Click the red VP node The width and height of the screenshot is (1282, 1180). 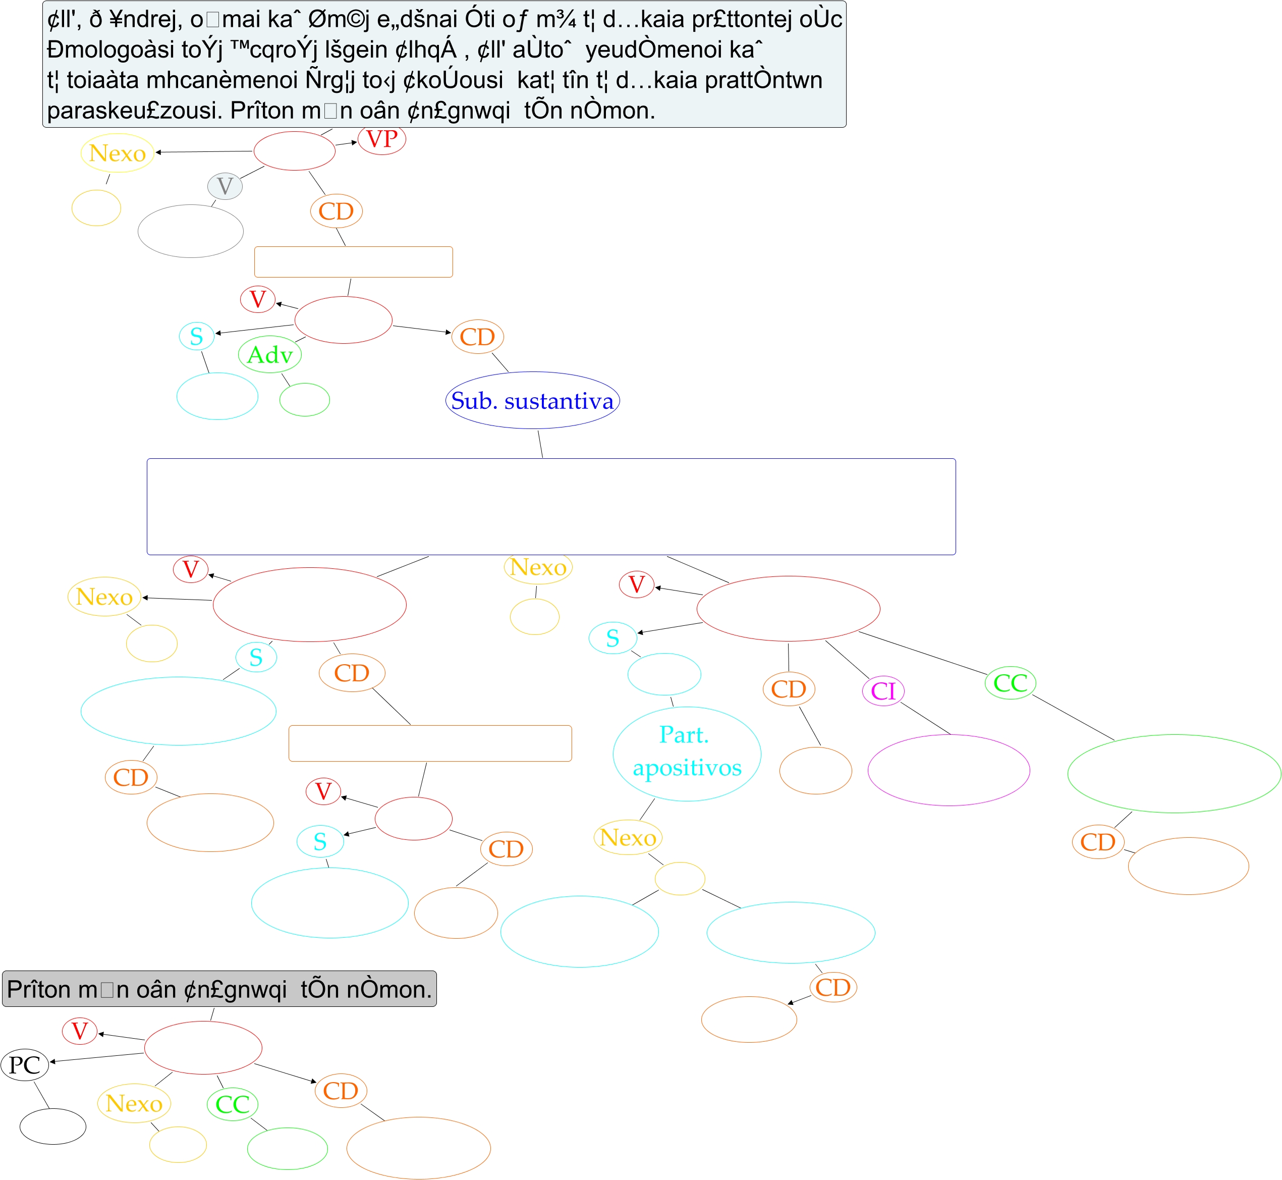382,139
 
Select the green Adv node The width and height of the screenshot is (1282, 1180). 269,354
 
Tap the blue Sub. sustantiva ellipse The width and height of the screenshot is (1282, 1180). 532,400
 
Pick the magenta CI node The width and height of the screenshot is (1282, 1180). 883,691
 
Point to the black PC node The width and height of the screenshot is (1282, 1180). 25,1065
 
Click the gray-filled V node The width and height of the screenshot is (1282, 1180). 225,186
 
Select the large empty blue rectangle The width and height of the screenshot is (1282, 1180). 551,506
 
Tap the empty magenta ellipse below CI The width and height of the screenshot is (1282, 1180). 948,770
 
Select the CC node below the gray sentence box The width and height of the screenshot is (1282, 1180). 233,1104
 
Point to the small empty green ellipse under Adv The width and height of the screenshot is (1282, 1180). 305,400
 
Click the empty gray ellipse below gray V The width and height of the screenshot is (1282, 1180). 190,231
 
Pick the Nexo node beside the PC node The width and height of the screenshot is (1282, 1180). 134,1103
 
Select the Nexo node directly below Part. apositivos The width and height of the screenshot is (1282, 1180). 628,837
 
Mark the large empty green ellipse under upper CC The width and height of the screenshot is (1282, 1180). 1174,773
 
